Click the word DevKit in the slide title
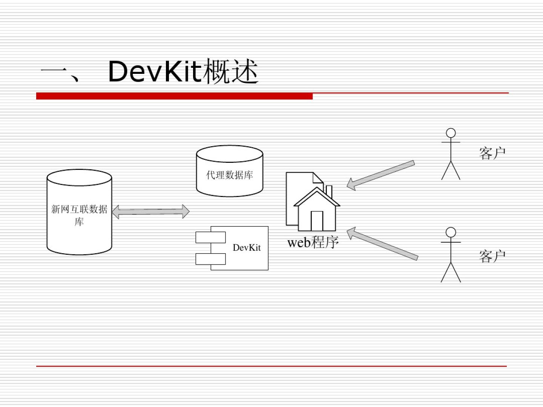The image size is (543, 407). [x=155, y=72]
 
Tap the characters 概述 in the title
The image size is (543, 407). [x=230, y=72]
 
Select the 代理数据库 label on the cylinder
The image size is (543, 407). [x=230, y=175]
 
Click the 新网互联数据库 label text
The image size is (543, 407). [x=79, y=215]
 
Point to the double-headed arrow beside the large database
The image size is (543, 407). [x=151, y=211]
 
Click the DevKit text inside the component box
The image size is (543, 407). [x=247, y=248]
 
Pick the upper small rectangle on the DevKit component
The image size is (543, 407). [x=210, y=237]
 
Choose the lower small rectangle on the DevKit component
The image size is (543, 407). [x=210, y=259]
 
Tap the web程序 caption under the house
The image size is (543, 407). [x=313, y=242]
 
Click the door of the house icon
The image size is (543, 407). [x=317, y=221]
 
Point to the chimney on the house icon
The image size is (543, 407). [x=329, y=191]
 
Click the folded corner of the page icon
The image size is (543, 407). [x=318, y=178]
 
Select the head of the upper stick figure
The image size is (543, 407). [x=451, y=133]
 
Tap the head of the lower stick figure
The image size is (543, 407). [x=451, y=232]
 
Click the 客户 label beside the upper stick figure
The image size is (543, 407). [x=492, y=153]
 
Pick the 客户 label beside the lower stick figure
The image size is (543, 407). [x=492, y=256]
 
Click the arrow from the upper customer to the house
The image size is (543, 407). [x=380, y=175]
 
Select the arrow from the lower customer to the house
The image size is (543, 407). [x=382, y=244]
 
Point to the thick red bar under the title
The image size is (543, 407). [x=175, y=96]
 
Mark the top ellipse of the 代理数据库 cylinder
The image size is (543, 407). [x=230, y=154]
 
